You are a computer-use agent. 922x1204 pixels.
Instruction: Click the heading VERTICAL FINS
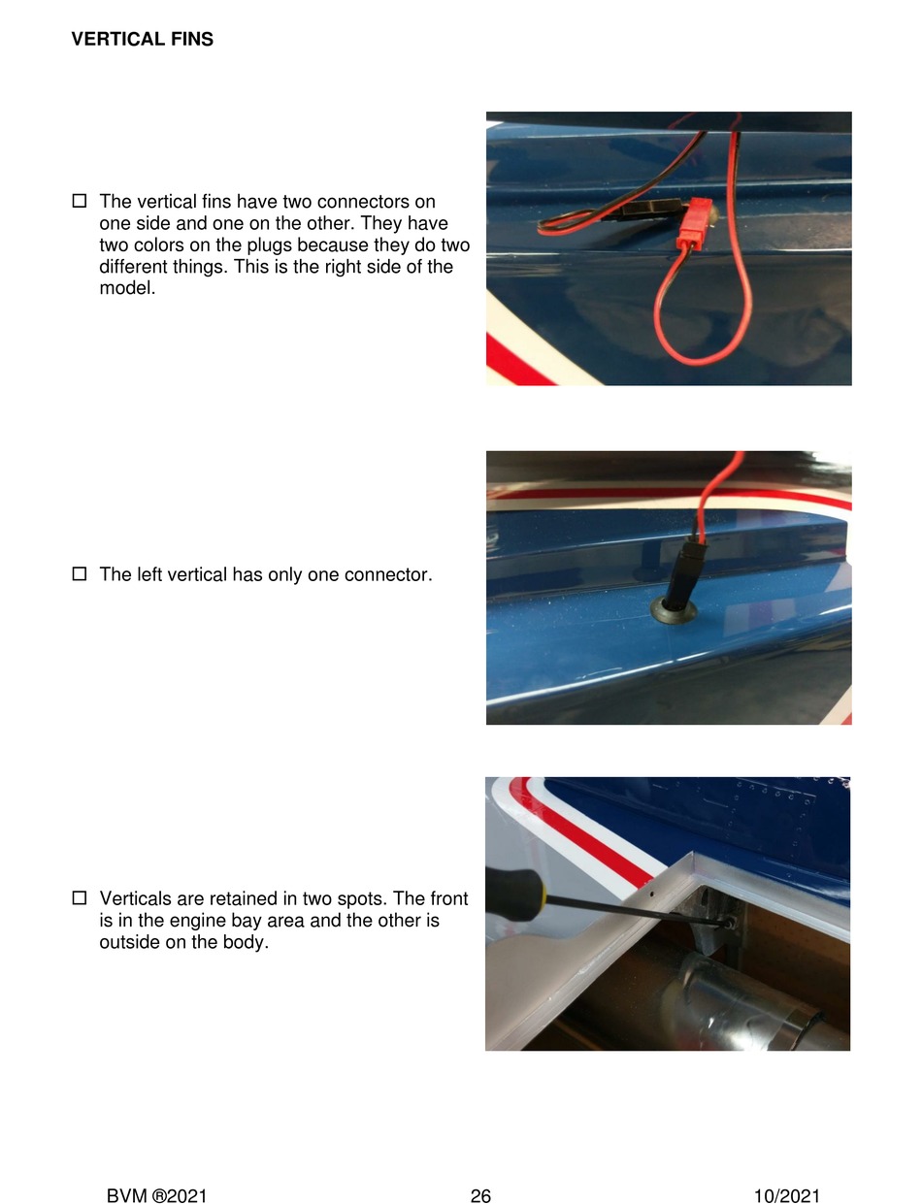[x=142, y=39]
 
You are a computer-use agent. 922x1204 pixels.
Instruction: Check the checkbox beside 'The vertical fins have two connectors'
[x=80, y=201]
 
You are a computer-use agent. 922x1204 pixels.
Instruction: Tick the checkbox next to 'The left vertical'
[x=80, y=573]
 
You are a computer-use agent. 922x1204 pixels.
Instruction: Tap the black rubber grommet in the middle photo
[x=674, y=610]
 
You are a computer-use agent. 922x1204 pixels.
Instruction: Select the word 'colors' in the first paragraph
[x=158, y=244]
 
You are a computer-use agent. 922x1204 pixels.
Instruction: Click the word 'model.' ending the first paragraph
[x=127, y=287]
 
